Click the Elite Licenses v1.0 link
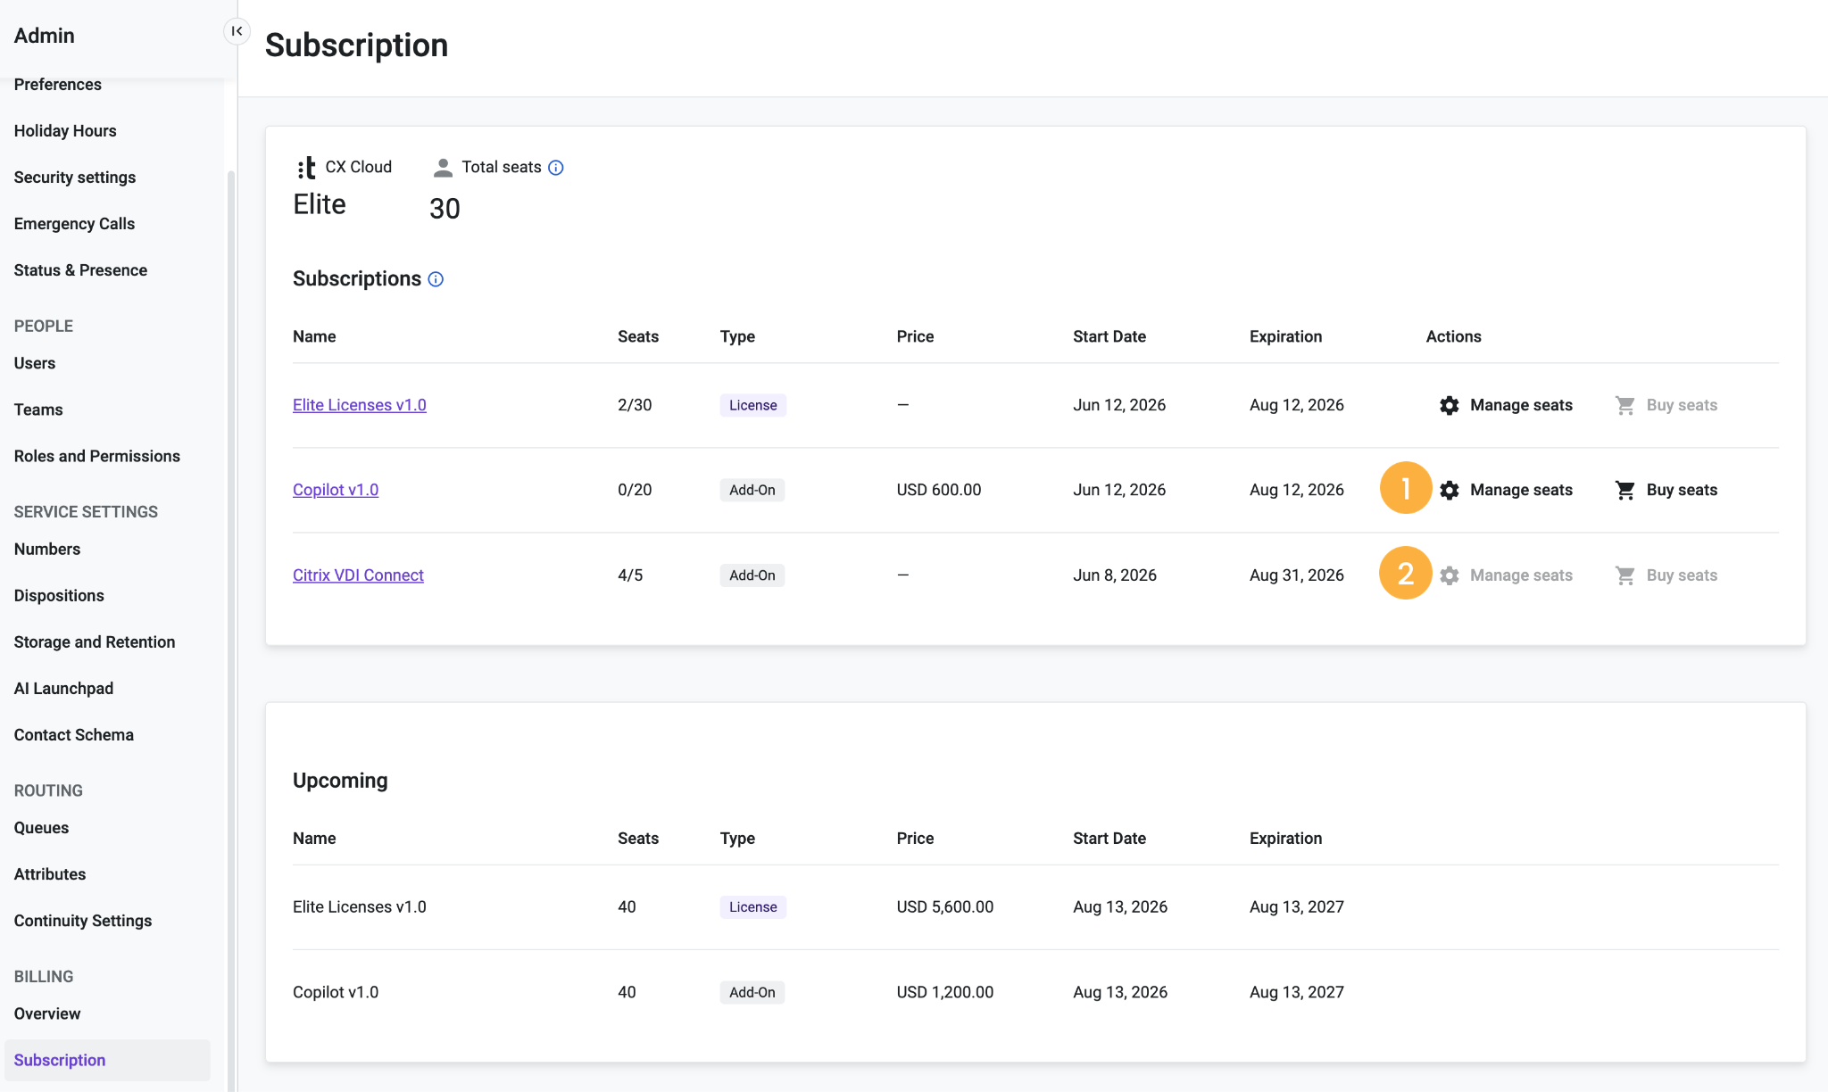point(359,405)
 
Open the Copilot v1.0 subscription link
point(336,490)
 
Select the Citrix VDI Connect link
point(358,575)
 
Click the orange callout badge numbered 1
point(1406,488)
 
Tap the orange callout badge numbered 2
point(1406,573)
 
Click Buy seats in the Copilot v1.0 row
point(1666,490)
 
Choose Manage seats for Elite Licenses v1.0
point(1506,405)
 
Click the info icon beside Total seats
point(555,168)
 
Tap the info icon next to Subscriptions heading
point(436,279)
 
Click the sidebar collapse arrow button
point(237,31)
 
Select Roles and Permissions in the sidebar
point(97,456)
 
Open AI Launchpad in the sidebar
point(64,688)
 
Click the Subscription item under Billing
point(60,1060)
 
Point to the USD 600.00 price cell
point(939,490)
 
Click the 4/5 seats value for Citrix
point(630,575)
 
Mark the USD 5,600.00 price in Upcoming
point(945,906)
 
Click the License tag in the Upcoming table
point(753,906)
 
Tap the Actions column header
point(1453,336)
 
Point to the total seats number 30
point(445,209)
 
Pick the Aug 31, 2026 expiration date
point(1297,575)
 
